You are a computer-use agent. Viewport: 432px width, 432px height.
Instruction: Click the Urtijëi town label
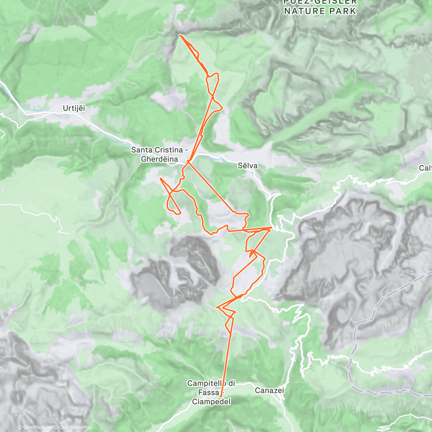point(74,108)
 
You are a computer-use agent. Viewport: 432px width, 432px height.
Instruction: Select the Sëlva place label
point(248,166)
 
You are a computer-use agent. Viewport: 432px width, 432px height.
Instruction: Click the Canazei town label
point(269,390)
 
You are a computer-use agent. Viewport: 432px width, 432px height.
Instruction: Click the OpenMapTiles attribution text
point(35,427)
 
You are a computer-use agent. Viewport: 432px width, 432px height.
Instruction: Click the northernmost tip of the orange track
point(180,35)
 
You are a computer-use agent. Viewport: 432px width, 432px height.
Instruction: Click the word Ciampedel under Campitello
point(211,401)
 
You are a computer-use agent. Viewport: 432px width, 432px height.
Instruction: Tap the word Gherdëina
point(159,159)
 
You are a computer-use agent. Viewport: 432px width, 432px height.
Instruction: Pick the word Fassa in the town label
point(209,392)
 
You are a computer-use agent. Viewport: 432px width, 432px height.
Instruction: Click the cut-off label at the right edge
point(426,168)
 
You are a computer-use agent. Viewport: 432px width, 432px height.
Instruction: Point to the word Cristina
point(169,150)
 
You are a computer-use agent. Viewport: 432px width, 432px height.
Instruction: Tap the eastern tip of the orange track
point(271,228)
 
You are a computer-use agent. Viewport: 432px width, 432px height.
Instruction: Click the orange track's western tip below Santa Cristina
point(160,178)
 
